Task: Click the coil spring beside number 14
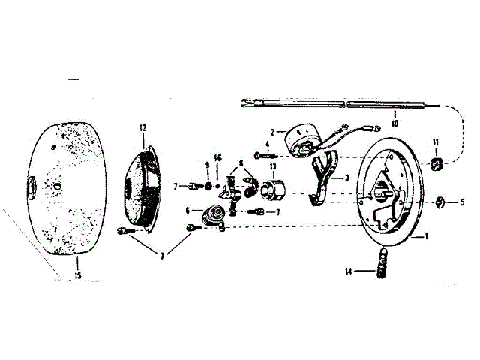point(380,265)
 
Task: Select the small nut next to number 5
point(442,201)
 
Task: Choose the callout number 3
point(347,179)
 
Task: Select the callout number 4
point(266,145)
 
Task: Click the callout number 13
point(273,166)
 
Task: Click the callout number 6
point(187,211)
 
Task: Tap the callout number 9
point(208,164)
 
